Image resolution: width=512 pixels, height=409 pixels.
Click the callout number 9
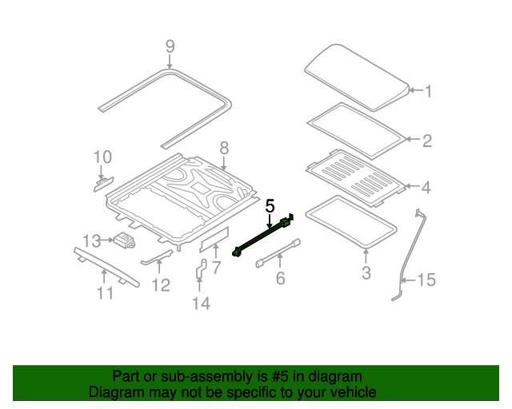point(170,46)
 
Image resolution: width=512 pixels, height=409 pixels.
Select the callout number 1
point(427,92)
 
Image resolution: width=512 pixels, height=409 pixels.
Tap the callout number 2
point(427,141)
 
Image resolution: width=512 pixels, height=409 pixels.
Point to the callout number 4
point(426,188)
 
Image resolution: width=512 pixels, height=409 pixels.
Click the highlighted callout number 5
point(270,206)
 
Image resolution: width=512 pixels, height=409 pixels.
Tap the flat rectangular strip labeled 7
point(214,238)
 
